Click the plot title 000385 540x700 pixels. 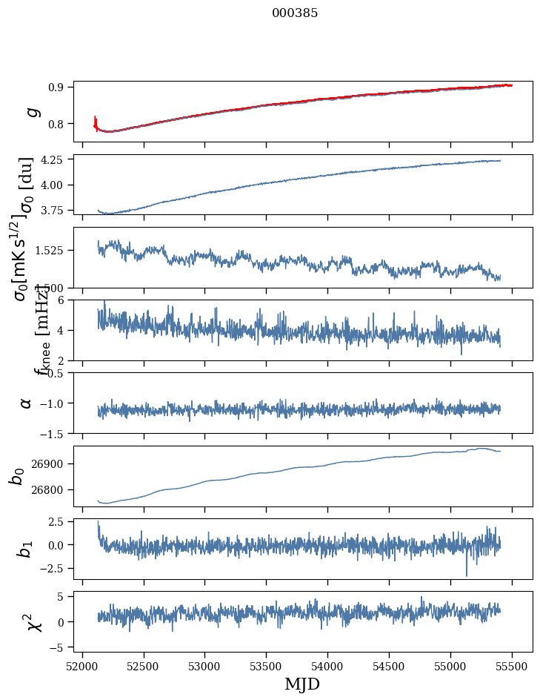pos(295,13)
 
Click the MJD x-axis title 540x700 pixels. pos(302,684)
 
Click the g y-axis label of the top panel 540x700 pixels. pos(31,111)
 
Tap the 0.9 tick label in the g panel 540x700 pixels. pos(59,87)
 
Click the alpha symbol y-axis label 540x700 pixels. pos(26,403)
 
